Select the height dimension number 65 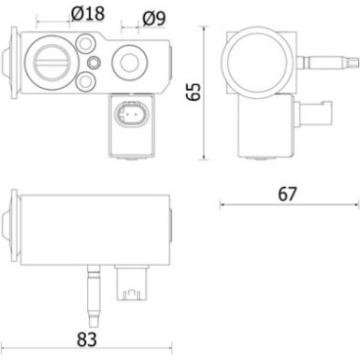point(194,91)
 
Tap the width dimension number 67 point(287,194)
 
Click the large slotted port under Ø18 point(49,61)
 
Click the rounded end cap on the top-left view point(10,62)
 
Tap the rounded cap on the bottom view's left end point(11,227)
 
